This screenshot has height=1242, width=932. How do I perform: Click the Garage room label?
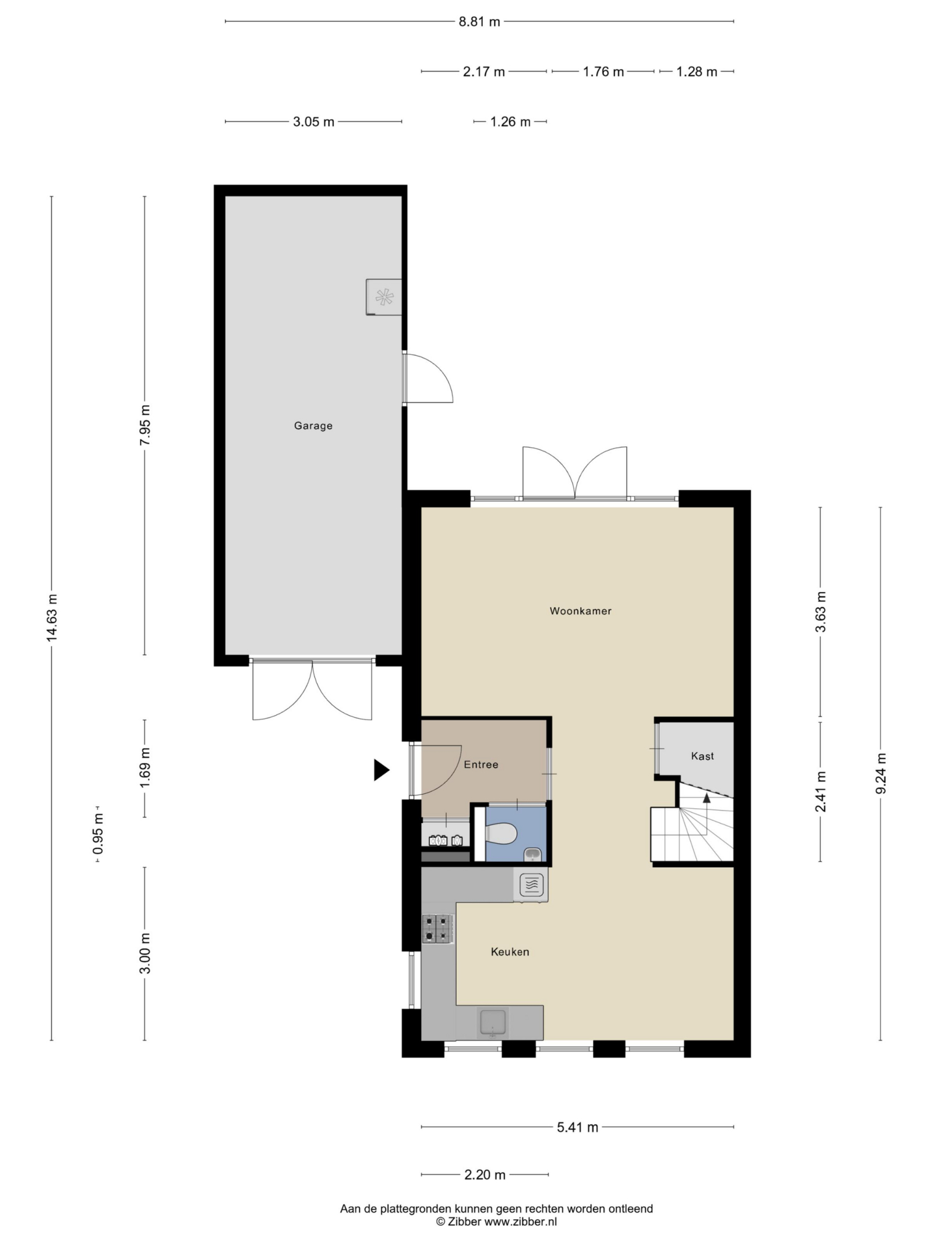[x=313, y=426]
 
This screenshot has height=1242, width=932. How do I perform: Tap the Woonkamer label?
[x=580, y=611]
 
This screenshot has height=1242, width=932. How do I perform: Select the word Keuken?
[x=510, y=951]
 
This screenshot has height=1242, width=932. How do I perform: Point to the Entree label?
[x=481, y=765]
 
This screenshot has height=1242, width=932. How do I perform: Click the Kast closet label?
[x=702, y=756]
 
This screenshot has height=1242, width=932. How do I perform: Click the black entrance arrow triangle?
[x=381, y=770]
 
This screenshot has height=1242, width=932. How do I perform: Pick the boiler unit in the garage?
[x=384, y=297]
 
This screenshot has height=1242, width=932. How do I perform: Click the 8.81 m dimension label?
[x=479, y=22]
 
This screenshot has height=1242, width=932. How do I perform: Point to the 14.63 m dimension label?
[x=52, y=618]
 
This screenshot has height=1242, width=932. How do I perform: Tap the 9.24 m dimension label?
[x=881, y=773]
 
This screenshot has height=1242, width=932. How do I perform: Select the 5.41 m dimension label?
[x=577, y=1127]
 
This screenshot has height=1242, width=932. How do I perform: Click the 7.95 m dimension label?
[x=145, y=424]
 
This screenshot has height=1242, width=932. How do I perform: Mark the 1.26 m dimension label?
[x=510, y=122]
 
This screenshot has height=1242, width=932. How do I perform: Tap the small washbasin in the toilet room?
[x=533, y=855]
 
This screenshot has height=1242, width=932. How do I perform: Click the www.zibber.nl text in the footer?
[x=521, y=1222]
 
